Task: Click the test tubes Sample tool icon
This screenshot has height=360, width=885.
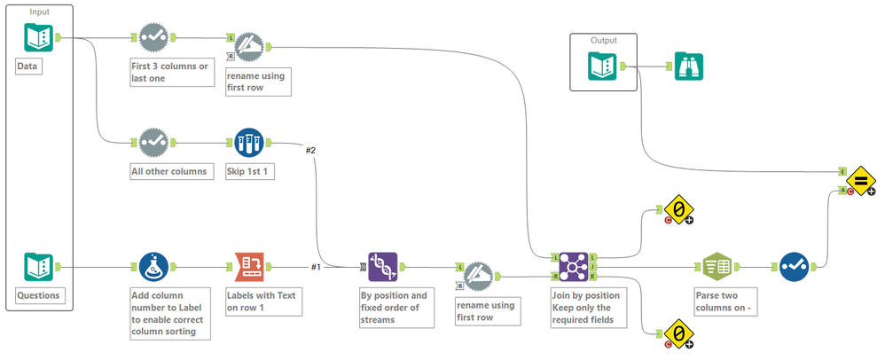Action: [x=249, y=142]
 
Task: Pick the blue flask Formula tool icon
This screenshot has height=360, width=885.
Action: [x=154, y=266]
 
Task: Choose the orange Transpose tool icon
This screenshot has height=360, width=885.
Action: [x=249, y=266]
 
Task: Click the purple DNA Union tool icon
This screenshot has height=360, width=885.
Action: [x=383, y=266]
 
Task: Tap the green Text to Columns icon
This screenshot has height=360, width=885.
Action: [x=717, y=266]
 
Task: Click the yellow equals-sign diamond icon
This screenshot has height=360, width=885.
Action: [x=859, y=181]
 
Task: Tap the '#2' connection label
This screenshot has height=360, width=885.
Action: [x=310, y=150]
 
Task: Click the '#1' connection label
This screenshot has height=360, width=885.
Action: [x=316, y=266]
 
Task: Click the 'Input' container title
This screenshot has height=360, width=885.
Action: [x=40, y=11]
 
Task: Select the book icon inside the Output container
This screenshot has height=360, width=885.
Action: [x=603, y=67]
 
